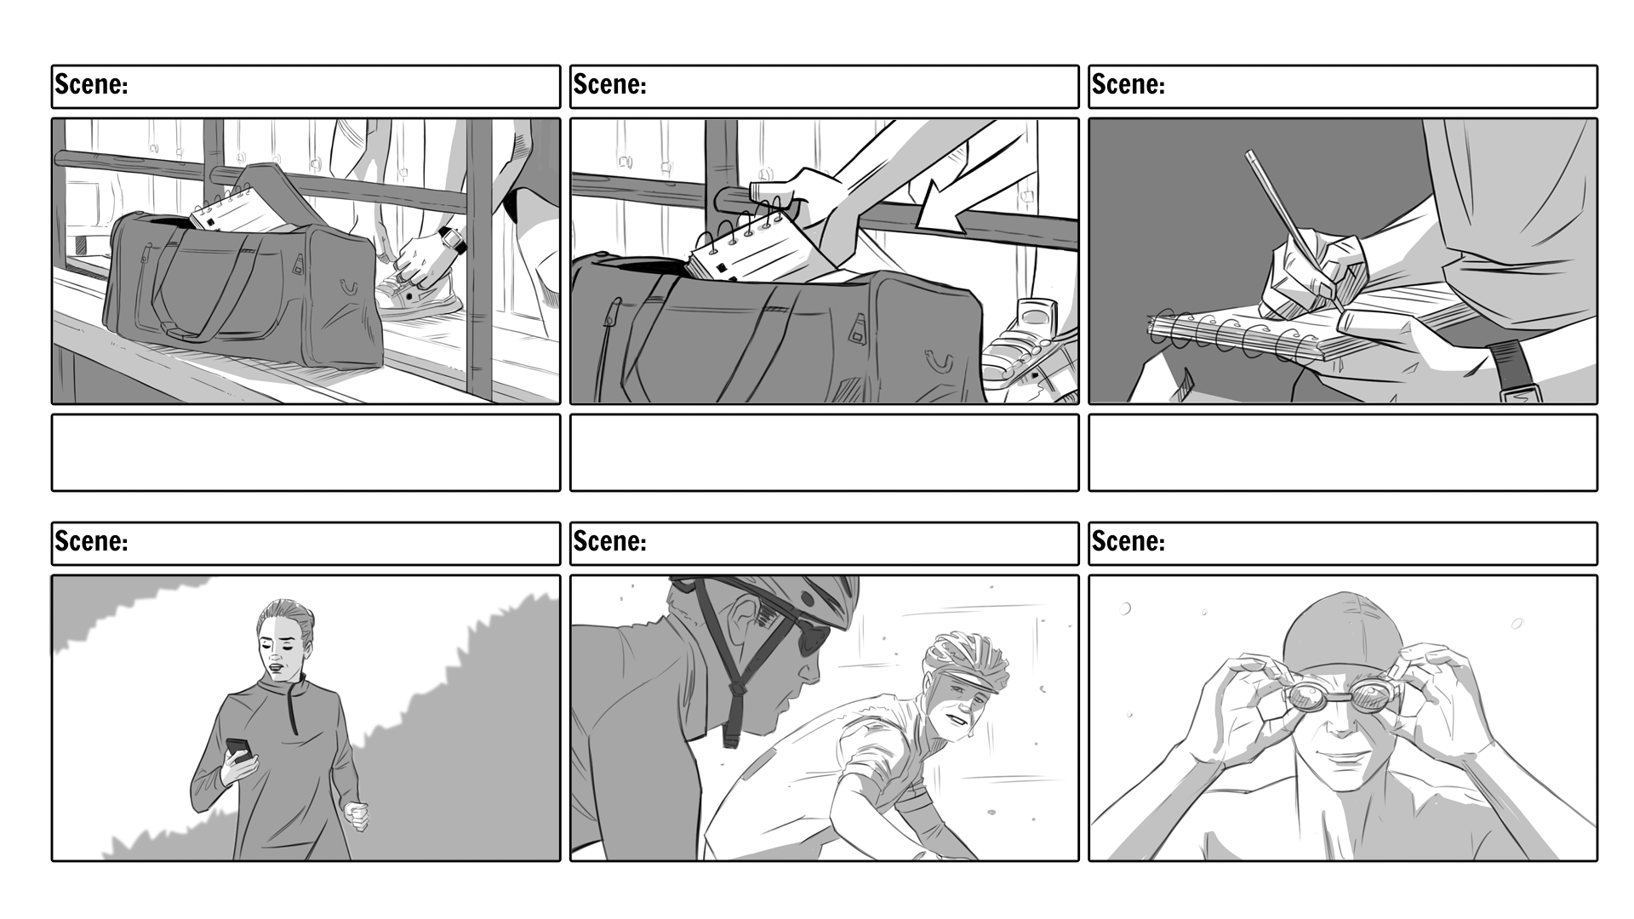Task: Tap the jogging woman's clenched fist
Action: pyautogui.click(x=357, y=815)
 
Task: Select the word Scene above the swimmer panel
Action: pyautogui.click(x=1128, y=541)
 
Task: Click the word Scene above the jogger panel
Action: pyautogui.click(x=91, y=541)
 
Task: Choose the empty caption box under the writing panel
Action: pyautogui.click(x=1343, y=453)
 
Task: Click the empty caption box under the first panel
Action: pyautogui.click(x=306, y=453)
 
